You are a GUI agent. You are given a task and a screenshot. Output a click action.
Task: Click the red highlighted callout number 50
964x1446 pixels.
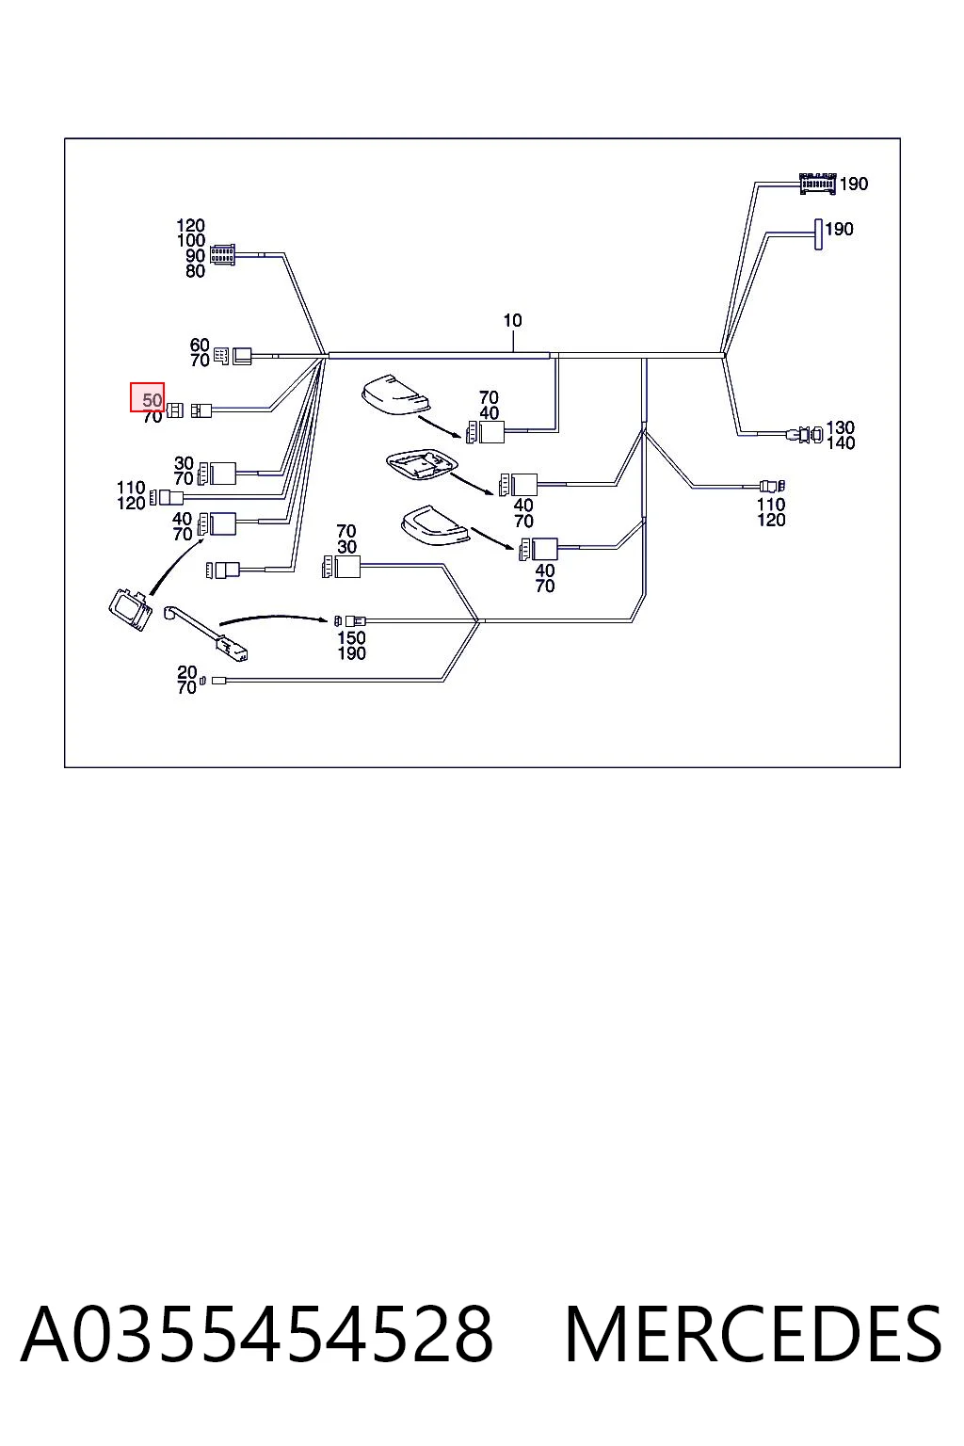click(152, 400)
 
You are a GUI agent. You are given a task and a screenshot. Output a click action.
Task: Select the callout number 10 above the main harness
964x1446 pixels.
click(512, 320)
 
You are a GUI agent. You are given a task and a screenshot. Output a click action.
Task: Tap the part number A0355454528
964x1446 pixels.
click(258, 1333)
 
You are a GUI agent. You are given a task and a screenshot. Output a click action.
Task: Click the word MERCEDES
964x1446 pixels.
click(753, 1333)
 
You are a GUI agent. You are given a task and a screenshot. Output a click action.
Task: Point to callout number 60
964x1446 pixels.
click(200, 345)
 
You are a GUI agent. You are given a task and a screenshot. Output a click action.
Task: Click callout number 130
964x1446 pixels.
click(840, 427)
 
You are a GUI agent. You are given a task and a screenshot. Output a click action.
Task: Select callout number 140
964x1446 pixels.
click(841, 442)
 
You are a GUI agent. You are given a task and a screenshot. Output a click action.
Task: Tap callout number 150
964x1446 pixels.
click(351, 637)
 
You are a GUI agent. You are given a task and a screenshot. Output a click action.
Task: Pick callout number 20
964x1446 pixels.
click(187, 673)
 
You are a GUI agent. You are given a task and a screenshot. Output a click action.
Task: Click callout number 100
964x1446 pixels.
click(191, 241)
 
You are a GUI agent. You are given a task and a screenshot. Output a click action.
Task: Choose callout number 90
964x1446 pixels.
click(195, 256)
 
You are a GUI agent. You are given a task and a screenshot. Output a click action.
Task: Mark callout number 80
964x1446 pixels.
click(195, 271)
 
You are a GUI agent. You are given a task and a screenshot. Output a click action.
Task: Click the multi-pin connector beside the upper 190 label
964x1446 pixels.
click(817, 184)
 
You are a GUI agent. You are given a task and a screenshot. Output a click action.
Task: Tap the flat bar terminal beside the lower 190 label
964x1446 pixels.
click(819, 234)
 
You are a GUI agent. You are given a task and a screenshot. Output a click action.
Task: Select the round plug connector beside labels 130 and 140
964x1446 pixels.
click(805, 434)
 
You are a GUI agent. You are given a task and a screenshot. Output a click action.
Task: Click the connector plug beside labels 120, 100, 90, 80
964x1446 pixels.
click(223, 255)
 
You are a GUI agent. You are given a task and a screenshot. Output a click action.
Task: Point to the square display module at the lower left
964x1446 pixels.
click(131, 608)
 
